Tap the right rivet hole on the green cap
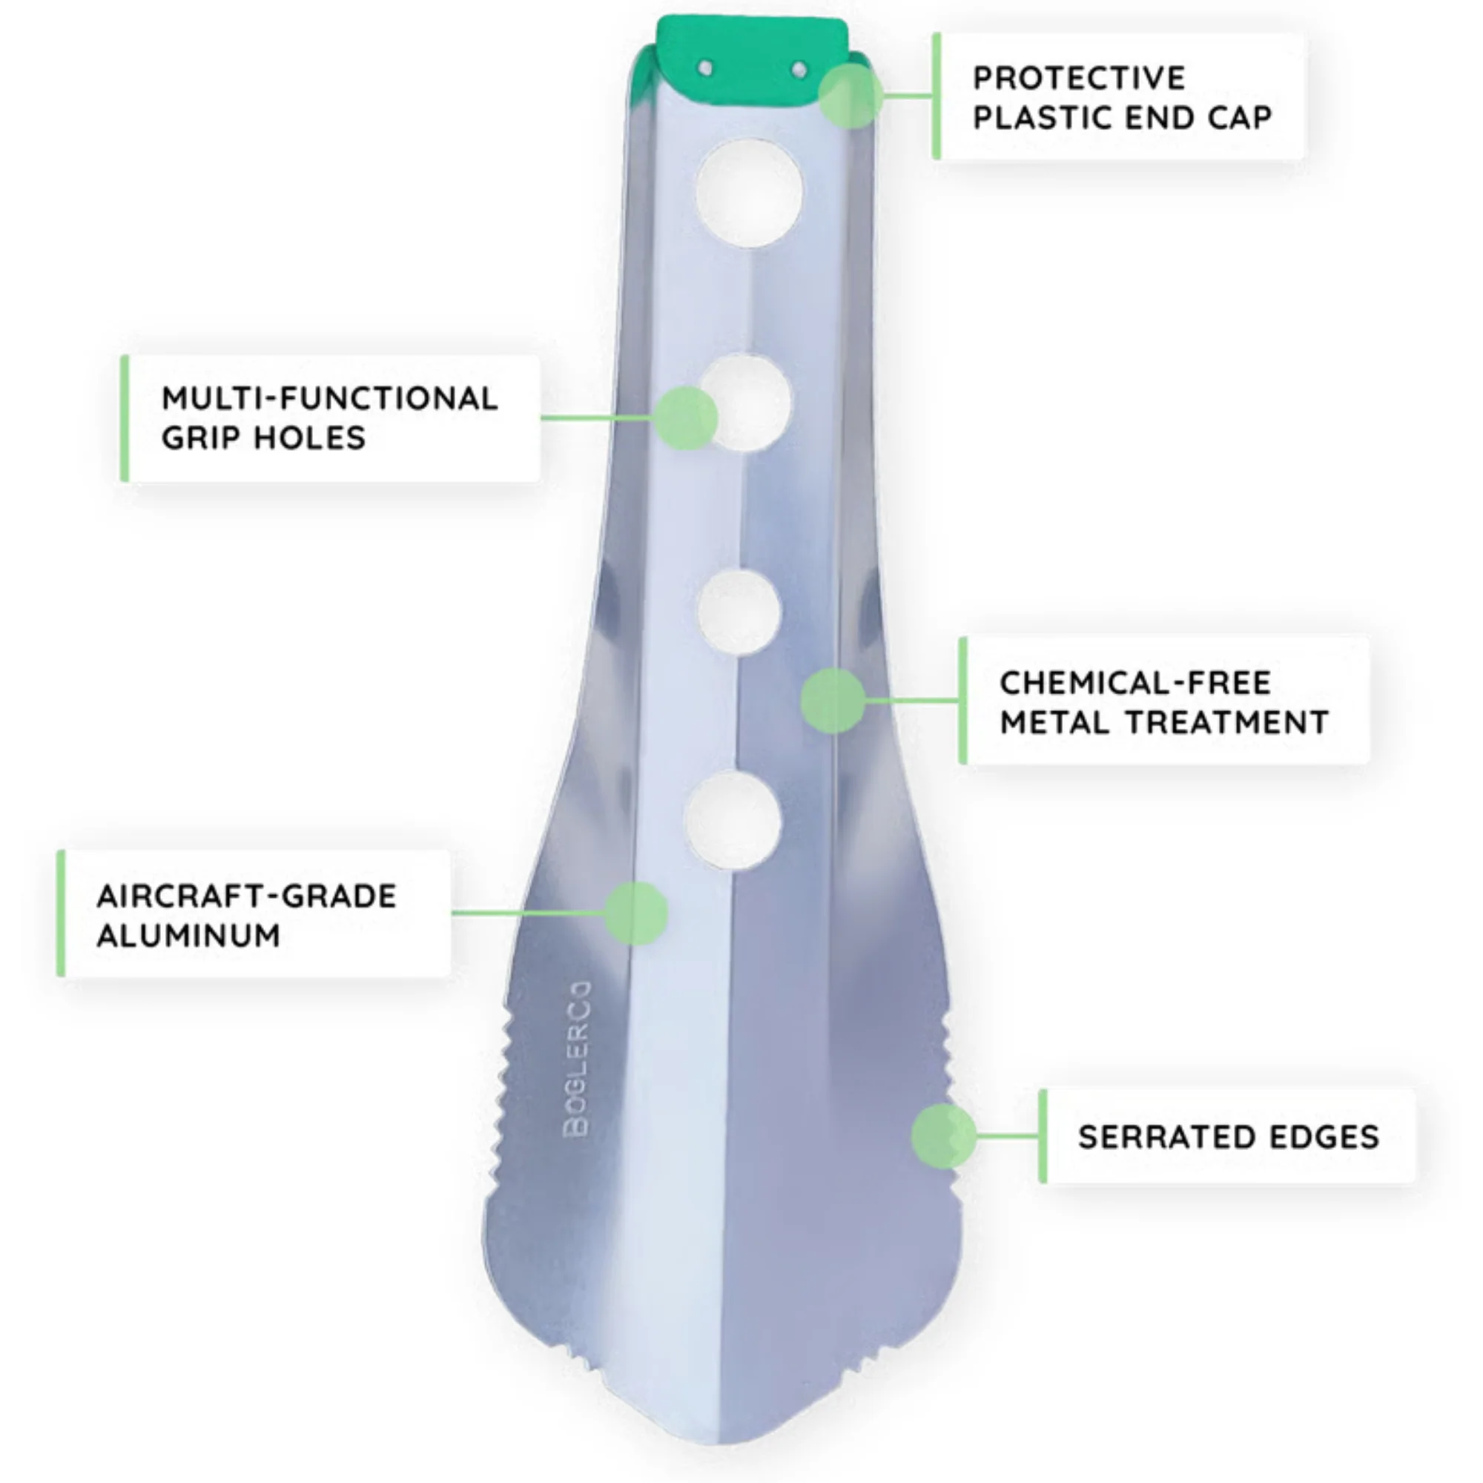[799, 70]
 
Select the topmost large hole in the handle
[749, 194]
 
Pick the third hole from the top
[739, 613]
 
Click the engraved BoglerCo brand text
[577, 1059]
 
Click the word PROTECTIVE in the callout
[1078, 78]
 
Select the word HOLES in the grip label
[309, 437]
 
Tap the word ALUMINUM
[188, 935]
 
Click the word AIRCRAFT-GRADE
[246, 896]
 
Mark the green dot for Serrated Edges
[944, 1136]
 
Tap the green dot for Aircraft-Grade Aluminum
[635, 913]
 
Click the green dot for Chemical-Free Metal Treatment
[833, 700]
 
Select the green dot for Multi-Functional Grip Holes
[685, 417]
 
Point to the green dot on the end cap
[851, 95]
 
